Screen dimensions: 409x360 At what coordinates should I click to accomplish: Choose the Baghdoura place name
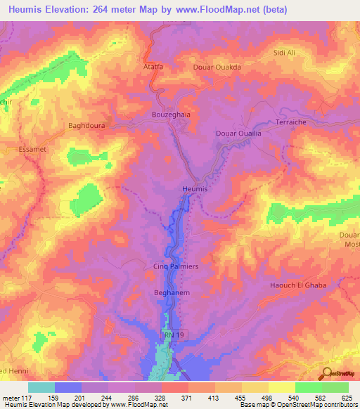(86, 126)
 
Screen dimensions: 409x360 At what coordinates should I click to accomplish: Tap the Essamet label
(32, 150)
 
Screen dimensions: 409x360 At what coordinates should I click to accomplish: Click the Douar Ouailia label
(238, 133)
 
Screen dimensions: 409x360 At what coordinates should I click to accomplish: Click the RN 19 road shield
(172, 337)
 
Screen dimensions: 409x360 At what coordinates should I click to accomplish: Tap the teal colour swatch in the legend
(41, 387)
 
